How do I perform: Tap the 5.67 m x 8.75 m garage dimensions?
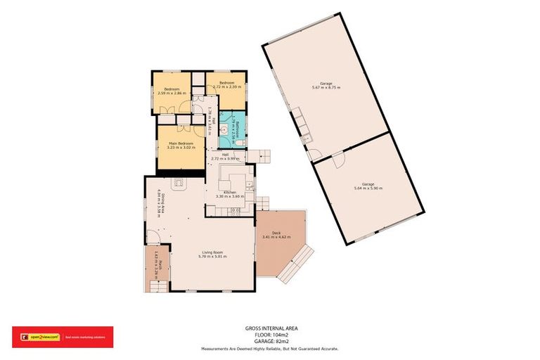326,87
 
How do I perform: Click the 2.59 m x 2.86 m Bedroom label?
172,91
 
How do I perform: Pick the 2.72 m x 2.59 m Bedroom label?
226,86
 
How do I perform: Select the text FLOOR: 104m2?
270,335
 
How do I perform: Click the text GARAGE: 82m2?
270,341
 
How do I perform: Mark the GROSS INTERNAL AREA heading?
270,328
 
